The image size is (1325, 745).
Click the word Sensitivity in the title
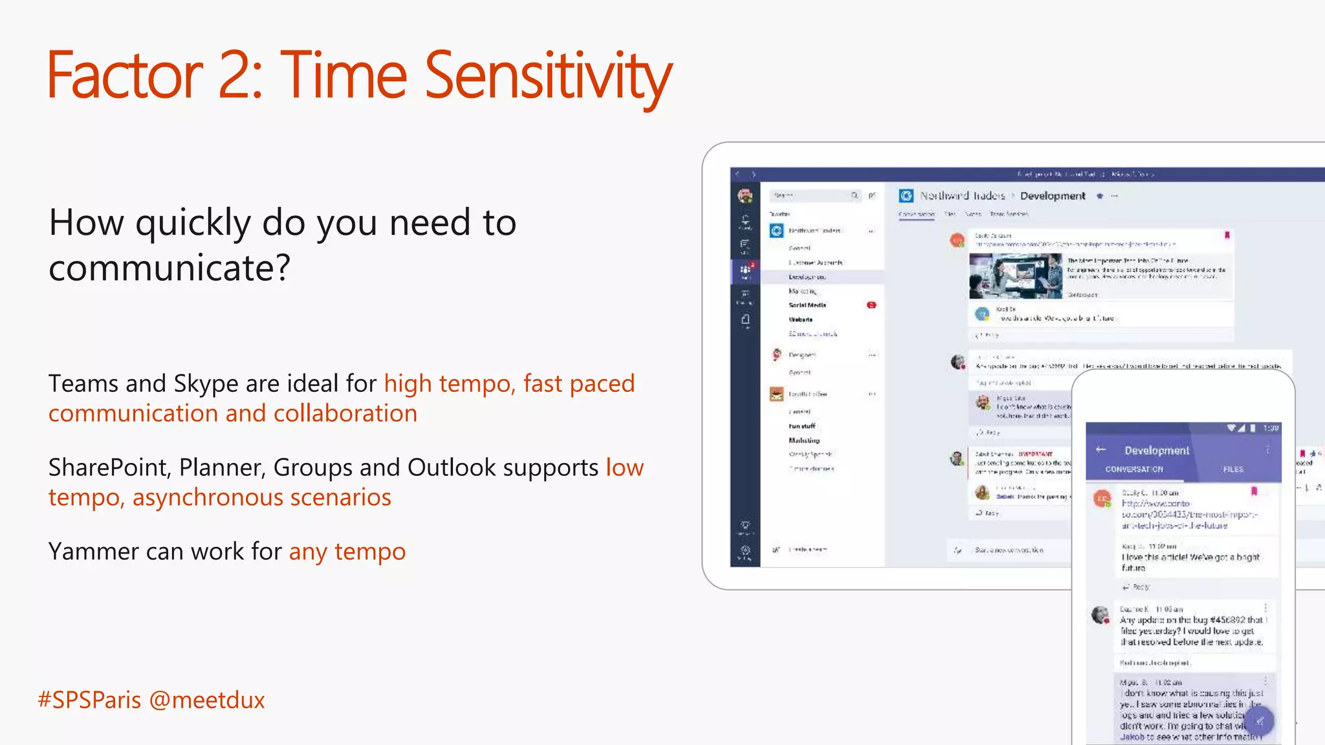[x=548, y=76]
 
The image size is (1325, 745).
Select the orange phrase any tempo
[x=347, y=552]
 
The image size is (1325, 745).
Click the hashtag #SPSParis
[x=89, y=700]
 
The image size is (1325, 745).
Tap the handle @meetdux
[x=207, y=700]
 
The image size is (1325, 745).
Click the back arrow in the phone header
[x=1101, y=449]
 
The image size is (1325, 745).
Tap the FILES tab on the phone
[x=1232, y=470]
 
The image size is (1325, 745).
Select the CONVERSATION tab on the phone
[x=1133, y=470]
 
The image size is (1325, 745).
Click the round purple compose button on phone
[x=1259, y=720]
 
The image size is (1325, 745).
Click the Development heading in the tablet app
[x=1053, y=196]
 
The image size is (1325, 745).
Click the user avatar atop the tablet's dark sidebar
[x=745, y=195]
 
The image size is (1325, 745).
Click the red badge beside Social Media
[x=871, y=305]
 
